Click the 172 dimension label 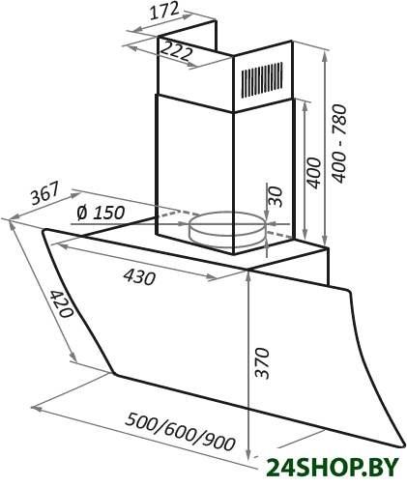click(164, 12)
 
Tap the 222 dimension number click(176, 50)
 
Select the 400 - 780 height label click(340, 143)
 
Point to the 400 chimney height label click(313, 172)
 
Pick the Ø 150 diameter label click(101, 213)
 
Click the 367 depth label click(45, 193)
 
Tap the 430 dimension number click(139, 276)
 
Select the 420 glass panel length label click(62, 303)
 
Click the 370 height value click(261, 362)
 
